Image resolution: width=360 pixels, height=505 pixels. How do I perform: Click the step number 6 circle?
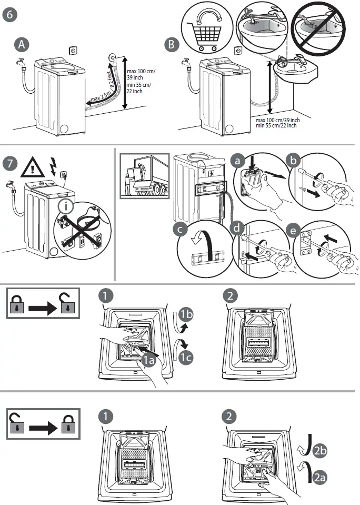click(x=10, y=14)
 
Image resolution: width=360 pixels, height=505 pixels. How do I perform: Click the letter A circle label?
click(x=21, y=45)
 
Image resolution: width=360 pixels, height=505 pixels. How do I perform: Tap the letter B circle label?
click(x=172, y=45)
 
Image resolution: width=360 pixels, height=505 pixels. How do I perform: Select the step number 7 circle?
click(x=10, y=163)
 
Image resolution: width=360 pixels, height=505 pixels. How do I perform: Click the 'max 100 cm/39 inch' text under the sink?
click(x=277, y=120)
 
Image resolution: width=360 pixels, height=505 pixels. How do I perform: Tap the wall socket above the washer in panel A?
click(x=73, y=51)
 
